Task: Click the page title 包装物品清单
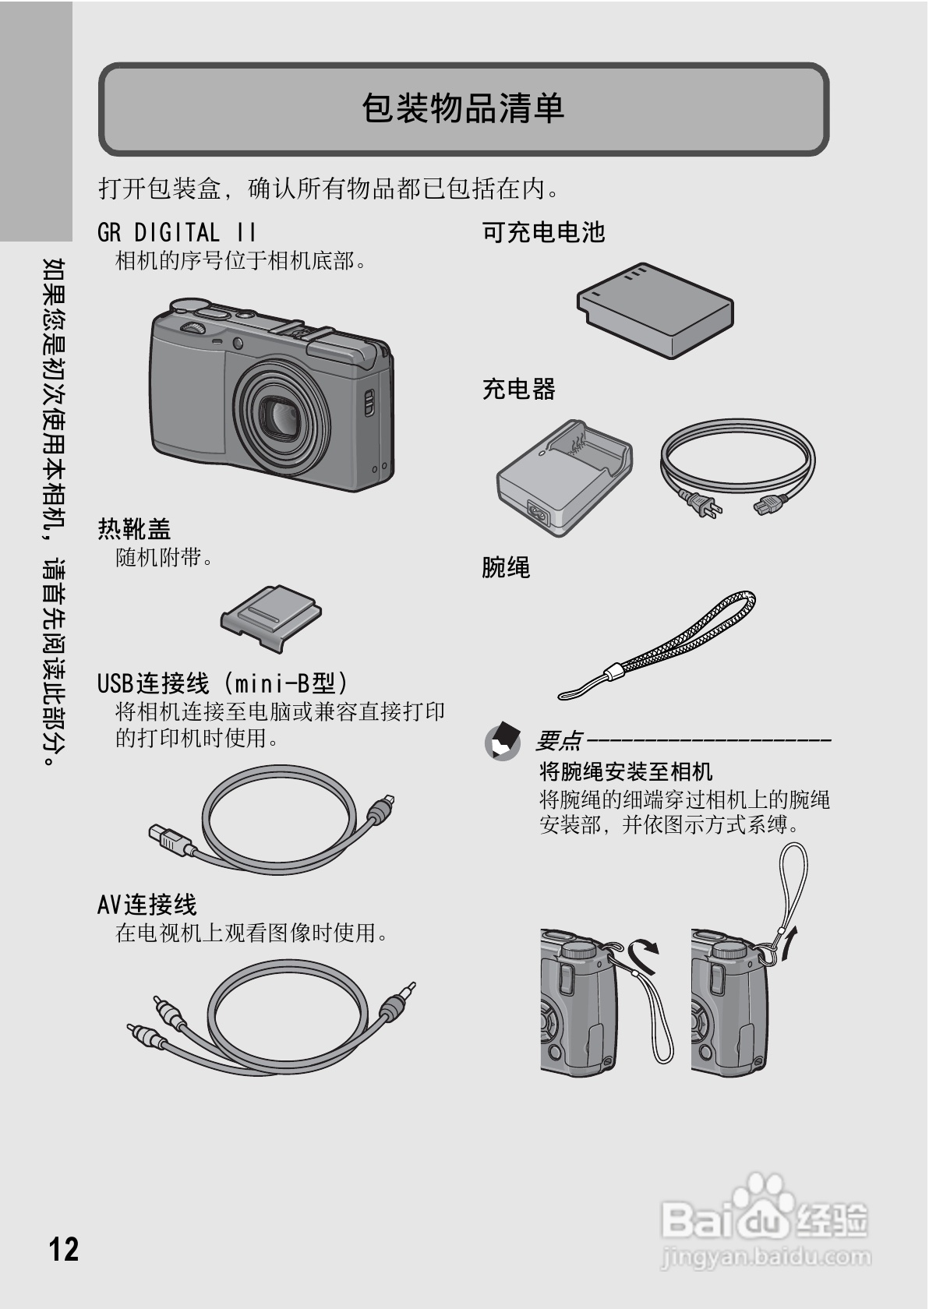tap(463, 108)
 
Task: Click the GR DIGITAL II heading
tap(177, 232)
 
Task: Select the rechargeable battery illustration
tap(655, 309)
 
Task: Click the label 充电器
tap(518, 388)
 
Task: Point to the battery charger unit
tap(563, 477)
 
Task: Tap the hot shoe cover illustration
tap(270, 618)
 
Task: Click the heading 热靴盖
tap(134, 529)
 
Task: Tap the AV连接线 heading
tap(147, 904)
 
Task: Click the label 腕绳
tap(506, 567)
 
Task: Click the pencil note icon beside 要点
tap(503, 741)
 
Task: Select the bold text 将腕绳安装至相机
tap(626, 771)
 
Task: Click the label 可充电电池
tap(543, 232)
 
